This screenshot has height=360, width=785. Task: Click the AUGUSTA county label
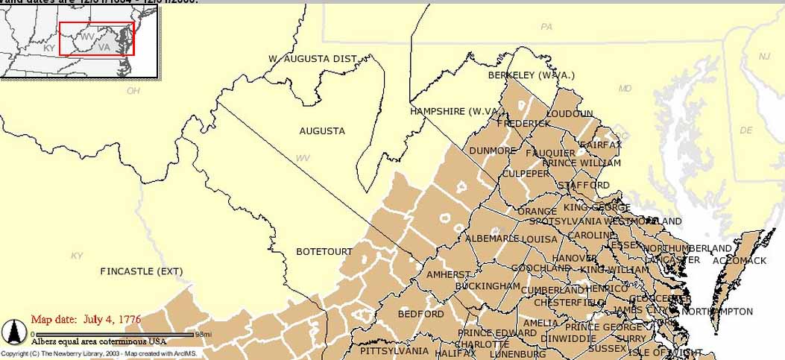tap(322, 131)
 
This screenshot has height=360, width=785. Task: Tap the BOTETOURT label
tap(324, 252)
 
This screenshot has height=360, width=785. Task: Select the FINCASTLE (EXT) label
tap(141, 271)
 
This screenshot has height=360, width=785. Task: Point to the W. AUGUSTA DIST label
tap(313, 58)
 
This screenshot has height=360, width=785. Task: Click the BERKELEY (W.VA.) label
tap(532, 75)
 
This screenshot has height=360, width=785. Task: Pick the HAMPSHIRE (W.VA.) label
tap(454, 112)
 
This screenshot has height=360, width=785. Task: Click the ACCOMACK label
tap(739, 261)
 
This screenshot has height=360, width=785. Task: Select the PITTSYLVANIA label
tap(394, 350)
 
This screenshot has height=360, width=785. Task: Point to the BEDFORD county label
tap(420, 315)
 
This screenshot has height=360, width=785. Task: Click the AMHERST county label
tap(449, 275)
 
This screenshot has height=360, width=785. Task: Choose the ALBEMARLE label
tap(492, 239)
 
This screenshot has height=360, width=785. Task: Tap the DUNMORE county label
tap(492, 151)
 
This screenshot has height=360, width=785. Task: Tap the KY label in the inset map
tap(49, 48)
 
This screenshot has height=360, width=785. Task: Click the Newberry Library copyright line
tap(99, 353)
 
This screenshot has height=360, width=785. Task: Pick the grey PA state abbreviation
tap(546, 27)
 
